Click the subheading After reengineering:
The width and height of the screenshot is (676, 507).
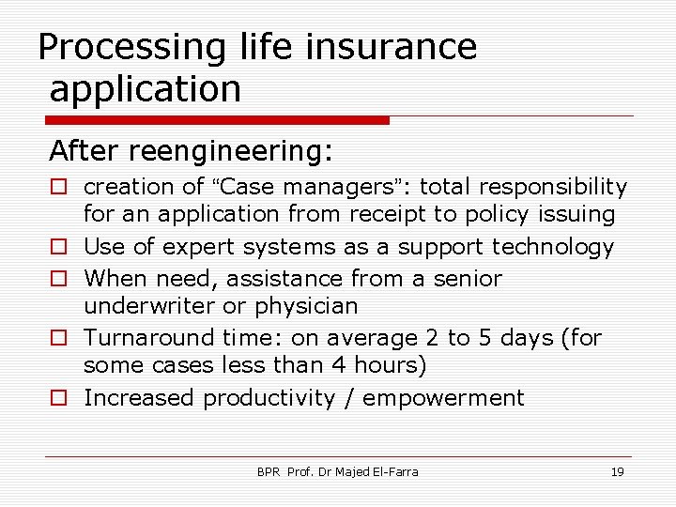192,150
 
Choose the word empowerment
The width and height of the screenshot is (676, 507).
443,398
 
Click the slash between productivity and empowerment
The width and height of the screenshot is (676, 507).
348,398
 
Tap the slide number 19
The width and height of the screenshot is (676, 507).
617,471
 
